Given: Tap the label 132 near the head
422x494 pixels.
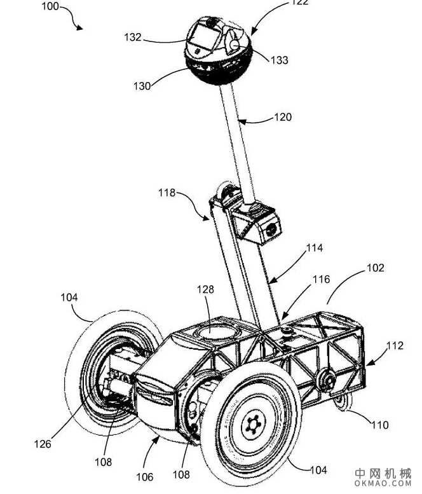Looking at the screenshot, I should click(x=133, y=38).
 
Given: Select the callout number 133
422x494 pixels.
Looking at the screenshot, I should click(x=279, y=60).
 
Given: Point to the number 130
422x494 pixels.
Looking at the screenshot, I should click(x=142, y=86).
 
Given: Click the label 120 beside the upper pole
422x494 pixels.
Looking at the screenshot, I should click(x=283, y=117).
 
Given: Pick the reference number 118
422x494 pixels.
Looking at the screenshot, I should click(x=168, y=193).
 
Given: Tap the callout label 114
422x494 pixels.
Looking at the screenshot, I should click(x=314, y=249).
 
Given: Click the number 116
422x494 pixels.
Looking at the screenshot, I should click(x=322, y=279).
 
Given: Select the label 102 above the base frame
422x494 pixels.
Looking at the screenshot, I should click(x=376, y=268).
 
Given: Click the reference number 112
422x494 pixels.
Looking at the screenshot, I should click(x=395, y=346).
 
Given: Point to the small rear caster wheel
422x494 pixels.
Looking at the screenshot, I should click(x=341, y=401).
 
